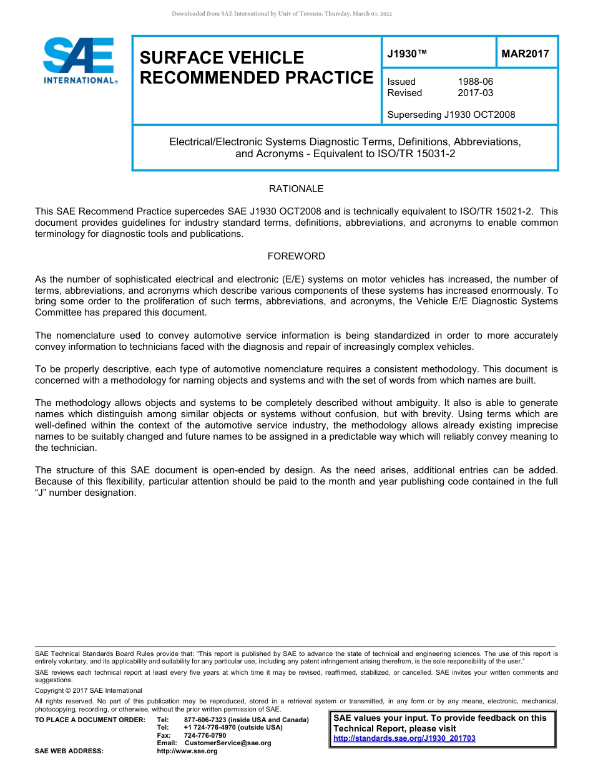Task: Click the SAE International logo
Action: (x=79, y=60)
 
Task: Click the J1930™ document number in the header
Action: (x=407, y=54)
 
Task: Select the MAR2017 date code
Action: (x=525, y=54)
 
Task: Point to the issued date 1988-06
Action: (x=475, y=82)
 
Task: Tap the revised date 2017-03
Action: (x=475, y=93)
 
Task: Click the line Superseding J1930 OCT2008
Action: (x=451, y=115)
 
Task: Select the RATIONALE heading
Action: (x=296, y=188)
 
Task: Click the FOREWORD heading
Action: (x=296, y=256)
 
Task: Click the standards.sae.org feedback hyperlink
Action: (x=404, y=738)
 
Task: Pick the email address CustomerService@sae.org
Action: (x=228, y=743)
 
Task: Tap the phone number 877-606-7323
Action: (x=205, y=720)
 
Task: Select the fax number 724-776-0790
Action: (x=205, y=735)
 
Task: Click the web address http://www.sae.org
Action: (x=187, y=751)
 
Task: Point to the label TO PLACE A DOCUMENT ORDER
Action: (x=90, y=720)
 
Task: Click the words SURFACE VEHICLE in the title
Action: (x=222, y=58)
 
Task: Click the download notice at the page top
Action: (x=282, y=14)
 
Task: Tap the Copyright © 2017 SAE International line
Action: (x=89, y=690)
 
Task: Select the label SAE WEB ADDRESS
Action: (x=69, y=751)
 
